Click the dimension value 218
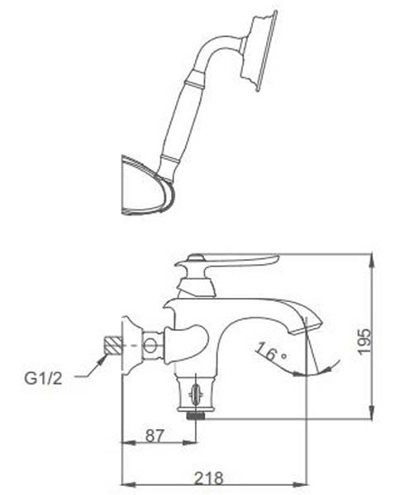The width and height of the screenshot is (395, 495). (x=208, y=478)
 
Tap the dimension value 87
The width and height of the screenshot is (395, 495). (x=155, y=436)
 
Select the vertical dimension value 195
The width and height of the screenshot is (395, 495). (x=364, y=342)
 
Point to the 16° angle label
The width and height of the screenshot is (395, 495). (x=271, y=351)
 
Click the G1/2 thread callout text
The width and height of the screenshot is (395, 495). (x=43, y=378)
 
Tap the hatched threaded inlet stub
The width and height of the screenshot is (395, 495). (x=114, y=346)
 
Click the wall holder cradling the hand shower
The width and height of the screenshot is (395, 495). (x=148, y=186)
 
